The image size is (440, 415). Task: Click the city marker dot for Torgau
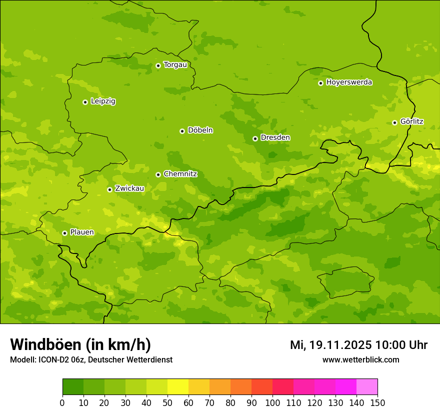(158, 65)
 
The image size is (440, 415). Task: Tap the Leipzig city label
(103, 101)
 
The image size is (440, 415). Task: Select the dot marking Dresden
(255, 138)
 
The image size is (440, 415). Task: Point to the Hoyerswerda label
(349, 82)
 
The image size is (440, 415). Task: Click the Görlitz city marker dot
(394, 122)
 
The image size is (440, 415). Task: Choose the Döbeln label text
(200, 130)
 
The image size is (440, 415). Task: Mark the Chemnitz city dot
(158, 174)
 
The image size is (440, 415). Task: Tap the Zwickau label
(129, 188)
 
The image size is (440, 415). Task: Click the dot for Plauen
(64, 233)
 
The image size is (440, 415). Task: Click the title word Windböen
(46, 345)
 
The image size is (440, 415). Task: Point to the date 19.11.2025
(340, 345)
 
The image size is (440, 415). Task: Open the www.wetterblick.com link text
(360, 360)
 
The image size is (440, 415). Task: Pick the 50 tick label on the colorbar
(167, 403)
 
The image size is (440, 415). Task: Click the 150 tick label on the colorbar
(377, 403)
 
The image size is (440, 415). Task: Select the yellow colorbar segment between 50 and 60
(177, 387)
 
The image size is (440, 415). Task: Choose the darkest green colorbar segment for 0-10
(72, 387)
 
